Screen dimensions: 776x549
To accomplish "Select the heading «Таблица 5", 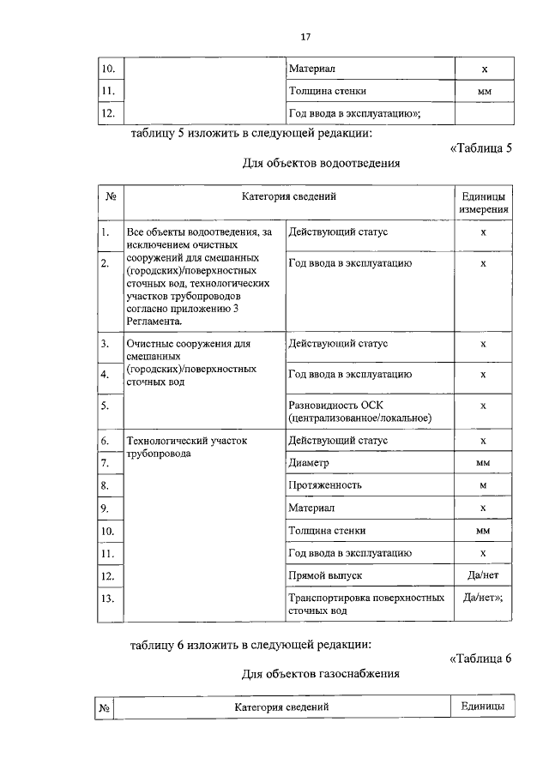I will point(480,147).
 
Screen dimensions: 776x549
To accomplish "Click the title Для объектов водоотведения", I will point(323,162).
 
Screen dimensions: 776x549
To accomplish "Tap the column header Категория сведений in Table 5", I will point(288,196).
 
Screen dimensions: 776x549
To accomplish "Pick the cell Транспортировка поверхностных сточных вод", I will point(366,604).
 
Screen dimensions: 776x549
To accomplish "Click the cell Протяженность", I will point(325,485).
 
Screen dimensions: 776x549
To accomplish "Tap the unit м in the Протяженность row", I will point(483,485).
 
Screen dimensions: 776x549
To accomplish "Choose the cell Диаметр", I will point(310,463).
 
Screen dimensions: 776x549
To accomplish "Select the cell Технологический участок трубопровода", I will point(186,447).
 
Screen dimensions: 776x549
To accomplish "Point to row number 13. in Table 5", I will point(107,598).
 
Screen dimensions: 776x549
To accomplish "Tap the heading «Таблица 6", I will point(480,659).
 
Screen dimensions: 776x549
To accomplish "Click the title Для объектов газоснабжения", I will point(321,674).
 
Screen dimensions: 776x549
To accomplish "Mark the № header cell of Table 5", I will point(111,196).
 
